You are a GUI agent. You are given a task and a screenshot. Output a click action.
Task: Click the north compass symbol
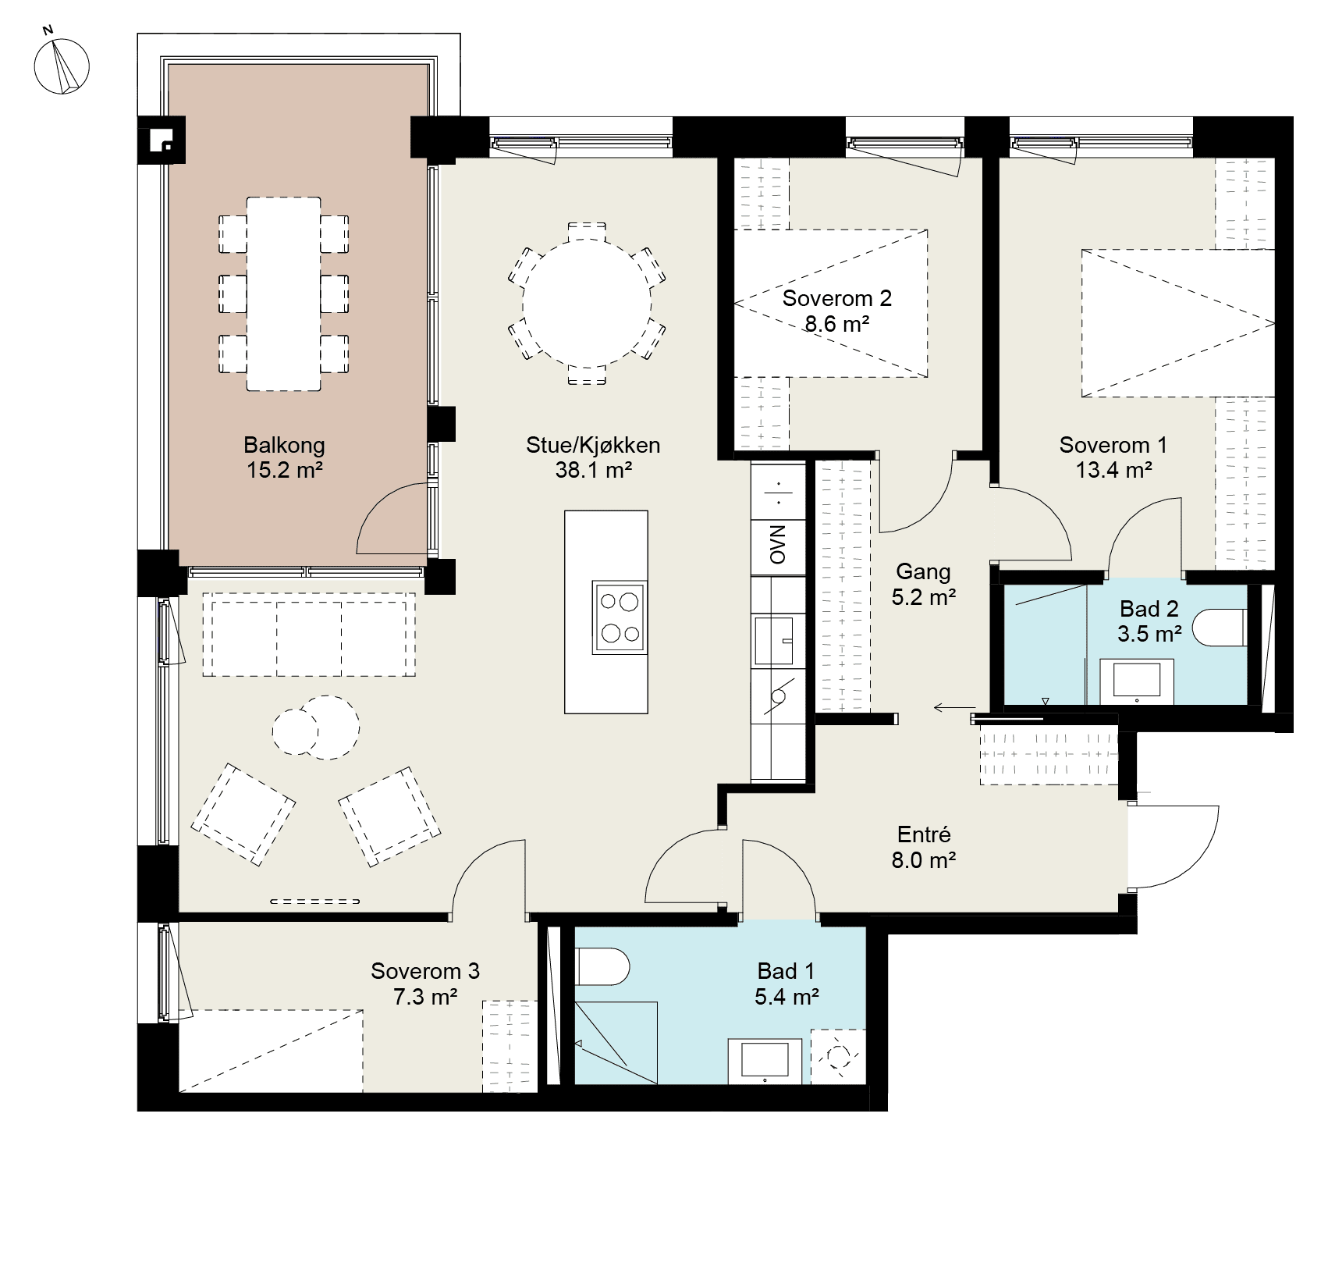[x=62, y=65]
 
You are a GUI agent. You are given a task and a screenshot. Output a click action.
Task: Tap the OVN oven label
[x=778, y=546]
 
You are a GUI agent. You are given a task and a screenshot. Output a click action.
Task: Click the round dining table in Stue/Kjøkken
[x=587, y=303]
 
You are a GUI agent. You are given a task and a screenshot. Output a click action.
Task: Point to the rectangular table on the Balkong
[x=284, y=293]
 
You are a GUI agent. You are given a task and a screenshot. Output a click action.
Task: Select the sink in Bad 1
[x=765, y=1061]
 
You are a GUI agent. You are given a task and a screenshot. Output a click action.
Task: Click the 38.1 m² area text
[x=593, y=470]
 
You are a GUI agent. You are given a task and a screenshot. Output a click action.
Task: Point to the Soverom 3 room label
[x=425, y=971]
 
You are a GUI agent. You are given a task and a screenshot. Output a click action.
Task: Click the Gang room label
[x=923, y=572]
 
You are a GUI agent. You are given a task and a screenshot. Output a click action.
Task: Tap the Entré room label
[x=924, y=834]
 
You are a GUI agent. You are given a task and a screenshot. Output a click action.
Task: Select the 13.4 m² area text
[x=1113, y=470]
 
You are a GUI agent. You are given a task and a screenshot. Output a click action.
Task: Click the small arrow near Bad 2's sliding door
[x=949, y=708]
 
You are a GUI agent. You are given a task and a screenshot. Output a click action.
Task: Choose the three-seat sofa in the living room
[x=309, y=635]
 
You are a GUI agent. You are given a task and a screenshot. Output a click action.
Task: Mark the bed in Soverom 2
[x=832, y=304]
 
